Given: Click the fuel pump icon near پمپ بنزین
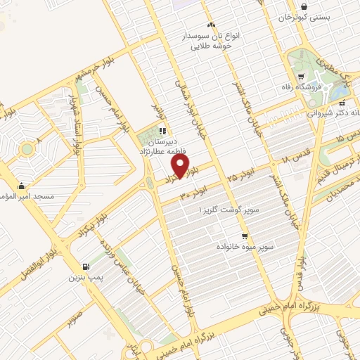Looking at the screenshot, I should point(86,266).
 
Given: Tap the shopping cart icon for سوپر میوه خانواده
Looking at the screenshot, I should point(244,236).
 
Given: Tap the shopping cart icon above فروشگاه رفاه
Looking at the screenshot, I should point(301,77).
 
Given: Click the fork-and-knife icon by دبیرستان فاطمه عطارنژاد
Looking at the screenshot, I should point(163,130).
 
